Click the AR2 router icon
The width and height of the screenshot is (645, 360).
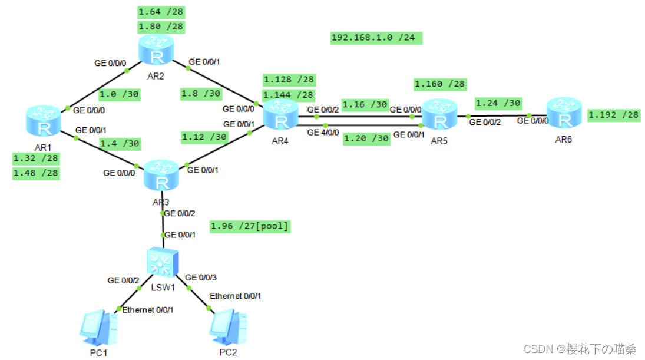point(156,49)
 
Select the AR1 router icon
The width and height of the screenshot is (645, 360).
point(44,121)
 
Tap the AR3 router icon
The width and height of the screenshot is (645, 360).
point(161,175)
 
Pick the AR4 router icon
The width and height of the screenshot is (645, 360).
point(280,114)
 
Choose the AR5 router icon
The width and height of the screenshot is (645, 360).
point(439,114)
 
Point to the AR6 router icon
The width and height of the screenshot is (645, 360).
point(564,113)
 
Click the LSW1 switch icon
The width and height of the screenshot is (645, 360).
point(163,262)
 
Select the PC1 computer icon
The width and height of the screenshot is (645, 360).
point(98,328)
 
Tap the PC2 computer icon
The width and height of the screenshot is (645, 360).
point(228,328)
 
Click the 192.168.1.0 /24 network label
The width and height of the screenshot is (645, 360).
point(376,38)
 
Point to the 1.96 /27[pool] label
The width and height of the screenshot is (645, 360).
point(250,226)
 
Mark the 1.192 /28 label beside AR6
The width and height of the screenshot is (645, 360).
point(613,115)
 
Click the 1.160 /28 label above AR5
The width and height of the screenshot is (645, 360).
point(440,84)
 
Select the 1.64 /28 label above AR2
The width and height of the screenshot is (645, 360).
point(161,12)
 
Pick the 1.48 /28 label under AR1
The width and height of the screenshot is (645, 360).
point(36,173)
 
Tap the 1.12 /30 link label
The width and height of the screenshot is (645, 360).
point(204,137)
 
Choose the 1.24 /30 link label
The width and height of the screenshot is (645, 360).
point(498,103)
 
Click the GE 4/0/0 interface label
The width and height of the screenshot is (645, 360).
point(323,133)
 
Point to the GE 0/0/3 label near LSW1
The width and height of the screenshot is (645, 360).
point(201,278)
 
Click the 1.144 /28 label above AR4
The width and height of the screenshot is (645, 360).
point(289,95)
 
